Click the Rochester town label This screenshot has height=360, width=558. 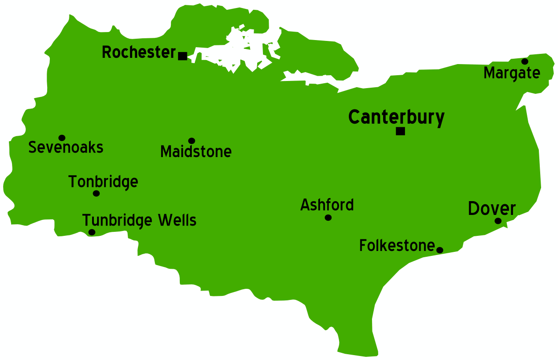(139, 53)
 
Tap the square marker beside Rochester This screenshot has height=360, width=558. (182, 56)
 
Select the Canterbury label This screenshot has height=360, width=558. (396, 117)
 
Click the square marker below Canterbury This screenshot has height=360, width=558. (400, 131)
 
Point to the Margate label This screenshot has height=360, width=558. (512, 73)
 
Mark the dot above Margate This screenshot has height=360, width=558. (525, 61)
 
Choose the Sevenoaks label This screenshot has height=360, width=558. (66, 147)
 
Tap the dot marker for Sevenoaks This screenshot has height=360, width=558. (62, 138)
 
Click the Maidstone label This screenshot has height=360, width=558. (196, 152)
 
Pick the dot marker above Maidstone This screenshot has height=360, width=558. (192, 141)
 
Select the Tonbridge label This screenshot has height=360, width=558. (103, 182)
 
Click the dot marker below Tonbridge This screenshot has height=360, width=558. (96, 193)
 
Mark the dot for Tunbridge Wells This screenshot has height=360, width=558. (92, 232)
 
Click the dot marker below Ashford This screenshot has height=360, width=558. (328, 218)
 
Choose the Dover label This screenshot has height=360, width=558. (492, 208)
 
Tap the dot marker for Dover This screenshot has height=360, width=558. (498, 221)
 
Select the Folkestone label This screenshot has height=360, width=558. (397, 246)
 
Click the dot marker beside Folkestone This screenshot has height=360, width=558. (440, 250)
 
